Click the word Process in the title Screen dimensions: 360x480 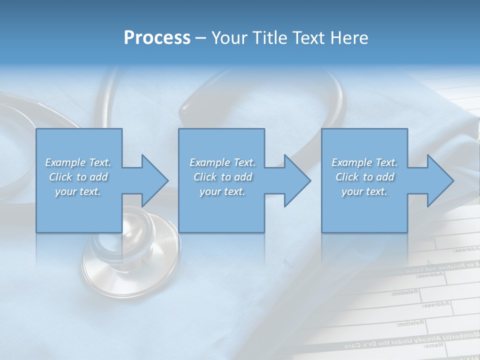[157, 38]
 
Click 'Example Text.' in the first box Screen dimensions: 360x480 [78, 162]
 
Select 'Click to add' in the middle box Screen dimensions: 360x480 [222, 177]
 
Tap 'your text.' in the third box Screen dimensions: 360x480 [364, 191]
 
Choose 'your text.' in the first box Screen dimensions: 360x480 [78, 191]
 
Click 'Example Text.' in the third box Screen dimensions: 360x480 [364, 162]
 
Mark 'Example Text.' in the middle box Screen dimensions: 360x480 [222, 162]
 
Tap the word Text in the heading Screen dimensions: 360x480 [309, 38]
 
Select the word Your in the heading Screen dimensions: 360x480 [229, 38]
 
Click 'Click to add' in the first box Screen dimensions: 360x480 [78, 177]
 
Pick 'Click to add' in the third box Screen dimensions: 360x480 [364, 177]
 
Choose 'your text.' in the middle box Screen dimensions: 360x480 [222, 191]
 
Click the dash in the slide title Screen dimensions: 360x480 [201, 38]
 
